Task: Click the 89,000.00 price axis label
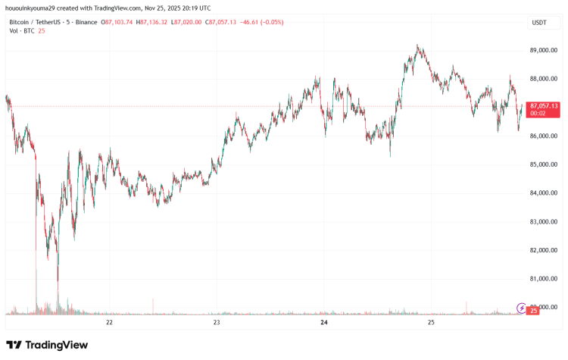[544, 50]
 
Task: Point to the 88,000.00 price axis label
[544, 79]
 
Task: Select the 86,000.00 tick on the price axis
[544, 136]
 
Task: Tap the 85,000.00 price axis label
[544, 164]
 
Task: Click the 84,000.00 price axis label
[544, 193]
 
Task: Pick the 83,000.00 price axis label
[544, 221]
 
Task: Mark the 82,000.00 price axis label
[544, 250]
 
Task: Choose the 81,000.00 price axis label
[544, 279]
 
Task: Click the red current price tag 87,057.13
[544, 106]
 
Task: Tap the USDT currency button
[539, 23]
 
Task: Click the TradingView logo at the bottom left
[47, 345]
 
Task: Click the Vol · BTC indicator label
[20, 32]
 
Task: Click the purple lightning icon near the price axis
[521, 307]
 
